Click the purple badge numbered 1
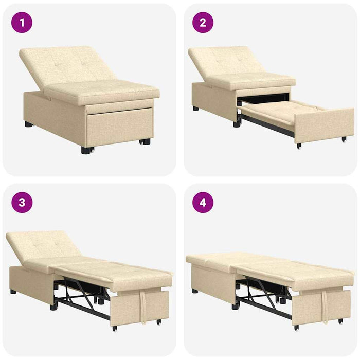tap(22, 23)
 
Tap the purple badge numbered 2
tap(203, 23)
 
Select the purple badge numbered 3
tap(22, 202)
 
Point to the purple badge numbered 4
tap(203, 202)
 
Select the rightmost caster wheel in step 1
tap(146, 141)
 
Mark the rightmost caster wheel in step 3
tap(158, 322)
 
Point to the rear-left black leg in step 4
tap(195, 291)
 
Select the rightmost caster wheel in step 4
tap(340, 321)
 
